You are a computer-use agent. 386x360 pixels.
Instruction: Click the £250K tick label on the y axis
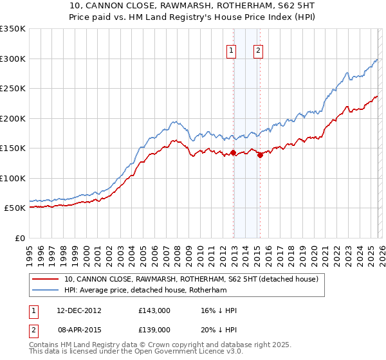click(13, 88)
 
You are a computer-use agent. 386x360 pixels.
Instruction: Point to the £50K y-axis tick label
click(15, 208)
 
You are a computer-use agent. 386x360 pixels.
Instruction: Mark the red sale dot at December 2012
click(233, 152)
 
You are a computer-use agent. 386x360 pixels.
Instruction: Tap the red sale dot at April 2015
click(260, 155)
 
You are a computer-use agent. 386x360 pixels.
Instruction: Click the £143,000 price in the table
click(154, 310)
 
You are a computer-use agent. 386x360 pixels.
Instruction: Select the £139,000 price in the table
click(154, 329)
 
